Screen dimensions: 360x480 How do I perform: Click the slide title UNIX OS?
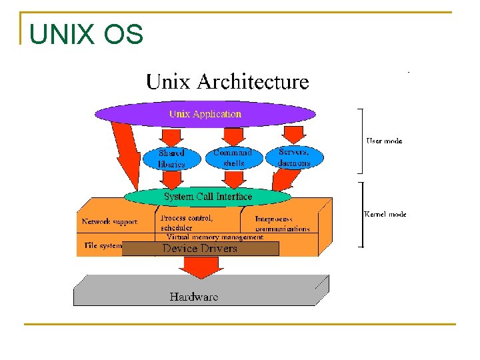[x=86, y=34]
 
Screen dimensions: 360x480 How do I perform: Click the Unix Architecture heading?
[x=227, y=82]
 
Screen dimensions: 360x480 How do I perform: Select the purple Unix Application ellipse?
[x=205, y=114]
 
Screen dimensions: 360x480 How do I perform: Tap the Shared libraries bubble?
[x=171, y=158]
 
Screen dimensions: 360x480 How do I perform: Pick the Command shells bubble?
[x=233, y=158]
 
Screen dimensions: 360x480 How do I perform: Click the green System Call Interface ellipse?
[x=208, y=197]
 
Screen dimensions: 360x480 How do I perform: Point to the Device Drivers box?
[x=200, y=249]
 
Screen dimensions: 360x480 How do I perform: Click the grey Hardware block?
[x=194, y=295]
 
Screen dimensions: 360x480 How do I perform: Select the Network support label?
[x=109, y=222]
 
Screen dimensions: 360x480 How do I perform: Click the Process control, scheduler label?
[x=187, y=223]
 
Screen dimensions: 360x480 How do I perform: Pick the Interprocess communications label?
[x=282, y=223]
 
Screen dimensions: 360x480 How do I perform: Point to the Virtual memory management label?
[x=215, y=237]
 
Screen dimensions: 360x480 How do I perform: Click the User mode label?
[x=384, y=141]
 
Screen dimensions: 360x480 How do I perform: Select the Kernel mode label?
[x=385, y=214]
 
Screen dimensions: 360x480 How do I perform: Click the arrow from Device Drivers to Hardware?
[x=199, y=267]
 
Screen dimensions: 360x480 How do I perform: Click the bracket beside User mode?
[x=361, y=140]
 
